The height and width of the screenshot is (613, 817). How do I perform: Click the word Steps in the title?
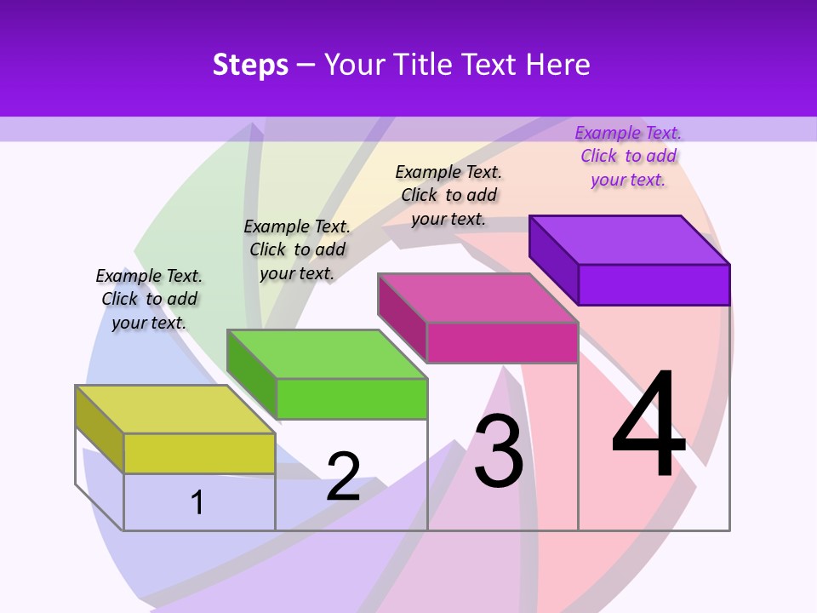(250, 65)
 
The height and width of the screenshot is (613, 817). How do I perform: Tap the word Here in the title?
(557, 65)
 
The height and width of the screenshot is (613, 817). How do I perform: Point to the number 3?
(499, 451)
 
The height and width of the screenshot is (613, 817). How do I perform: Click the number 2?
(343, 476)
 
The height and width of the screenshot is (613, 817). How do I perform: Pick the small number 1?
(197, 502)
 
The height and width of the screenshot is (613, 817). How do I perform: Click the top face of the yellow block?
(174, 410)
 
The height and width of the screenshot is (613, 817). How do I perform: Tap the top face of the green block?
(326, 353)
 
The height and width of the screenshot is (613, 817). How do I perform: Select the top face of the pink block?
(477, 298)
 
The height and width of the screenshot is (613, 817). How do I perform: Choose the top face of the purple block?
(629, 239)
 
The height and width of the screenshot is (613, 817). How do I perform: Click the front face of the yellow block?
(199, 453)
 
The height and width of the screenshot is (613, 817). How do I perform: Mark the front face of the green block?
(351, 398)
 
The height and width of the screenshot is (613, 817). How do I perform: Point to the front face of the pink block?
(502, 342)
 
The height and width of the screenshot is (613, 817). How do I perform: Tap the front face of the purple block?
(654, 284)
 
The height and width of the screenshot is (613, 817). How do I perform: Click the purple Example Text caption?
(628, 156)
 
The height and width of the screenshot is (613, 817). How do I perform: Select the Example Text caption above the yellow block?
(149, 299)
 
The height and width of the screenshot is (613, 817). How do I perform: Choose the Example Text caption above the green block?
(297, 249)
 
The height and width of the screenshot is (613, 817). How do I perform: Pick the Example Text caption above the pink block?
(448, 195)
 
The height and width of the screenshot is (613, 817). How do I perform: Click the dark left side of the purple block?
(553, 259)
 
